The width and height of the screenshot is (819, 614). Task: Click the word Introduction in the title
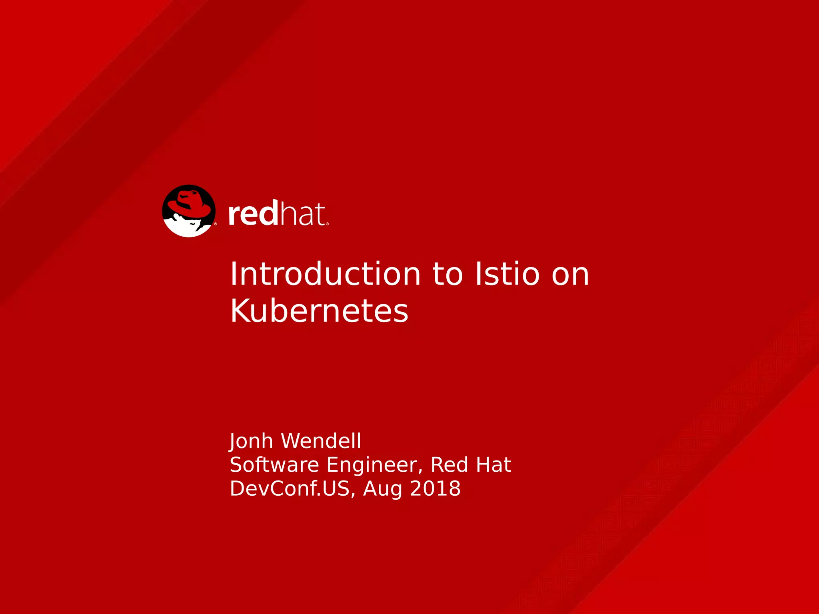325,274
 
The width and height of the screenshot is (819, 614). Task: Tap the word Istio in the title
507,274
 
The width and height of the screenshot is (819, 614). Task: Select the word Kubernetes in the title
319,311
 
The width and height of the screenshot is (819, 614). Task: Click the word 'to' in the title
447,275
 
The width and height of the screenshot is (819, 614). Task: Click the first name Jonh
251,441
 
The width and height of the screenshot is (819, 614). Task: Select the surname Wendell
321,441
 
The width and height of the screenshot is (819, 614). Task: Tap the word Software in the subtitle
274,465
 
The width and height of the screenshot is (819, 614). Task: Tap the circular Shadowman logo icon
189,211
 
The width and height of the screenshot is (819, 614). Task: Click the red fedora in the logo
190,204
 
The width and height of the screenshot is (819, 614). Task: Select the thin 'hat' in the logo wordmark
302,214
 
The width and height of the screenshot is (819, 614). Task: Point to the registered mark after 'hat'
328,224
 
